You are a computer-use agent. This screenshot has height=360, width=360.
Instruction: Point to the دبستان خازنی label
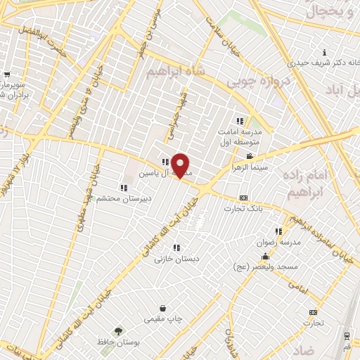pyautogui.click(x=177, y=258)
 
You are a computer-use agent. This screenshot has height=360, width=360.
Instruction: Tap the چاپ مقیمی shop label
pyautogui.click(x=163, y=319)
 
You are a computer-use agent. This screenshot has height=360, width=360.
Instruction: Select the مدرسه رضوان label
pyautogui.click(x=281, y=242)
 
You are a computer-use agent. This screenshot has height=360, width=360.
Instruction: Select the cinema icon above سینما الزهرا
pyautogui.click(x=249, y=157)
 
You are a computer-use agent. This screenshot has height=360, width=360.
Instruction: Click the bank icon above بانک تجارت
pyautogui.click(x=243, y=198)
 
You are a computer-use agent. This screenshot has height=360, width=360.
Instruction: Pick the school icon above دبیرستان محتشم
pyautogui.click(x=124, y=188)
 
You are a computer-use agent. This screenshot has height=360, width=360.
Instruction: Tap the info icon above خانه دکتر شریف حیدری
pyautogui.click(x=323, y=53)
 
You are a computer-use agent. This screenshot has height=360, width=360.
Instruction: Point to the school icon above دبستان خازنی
pyautogui.click(x=176, y=247)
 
